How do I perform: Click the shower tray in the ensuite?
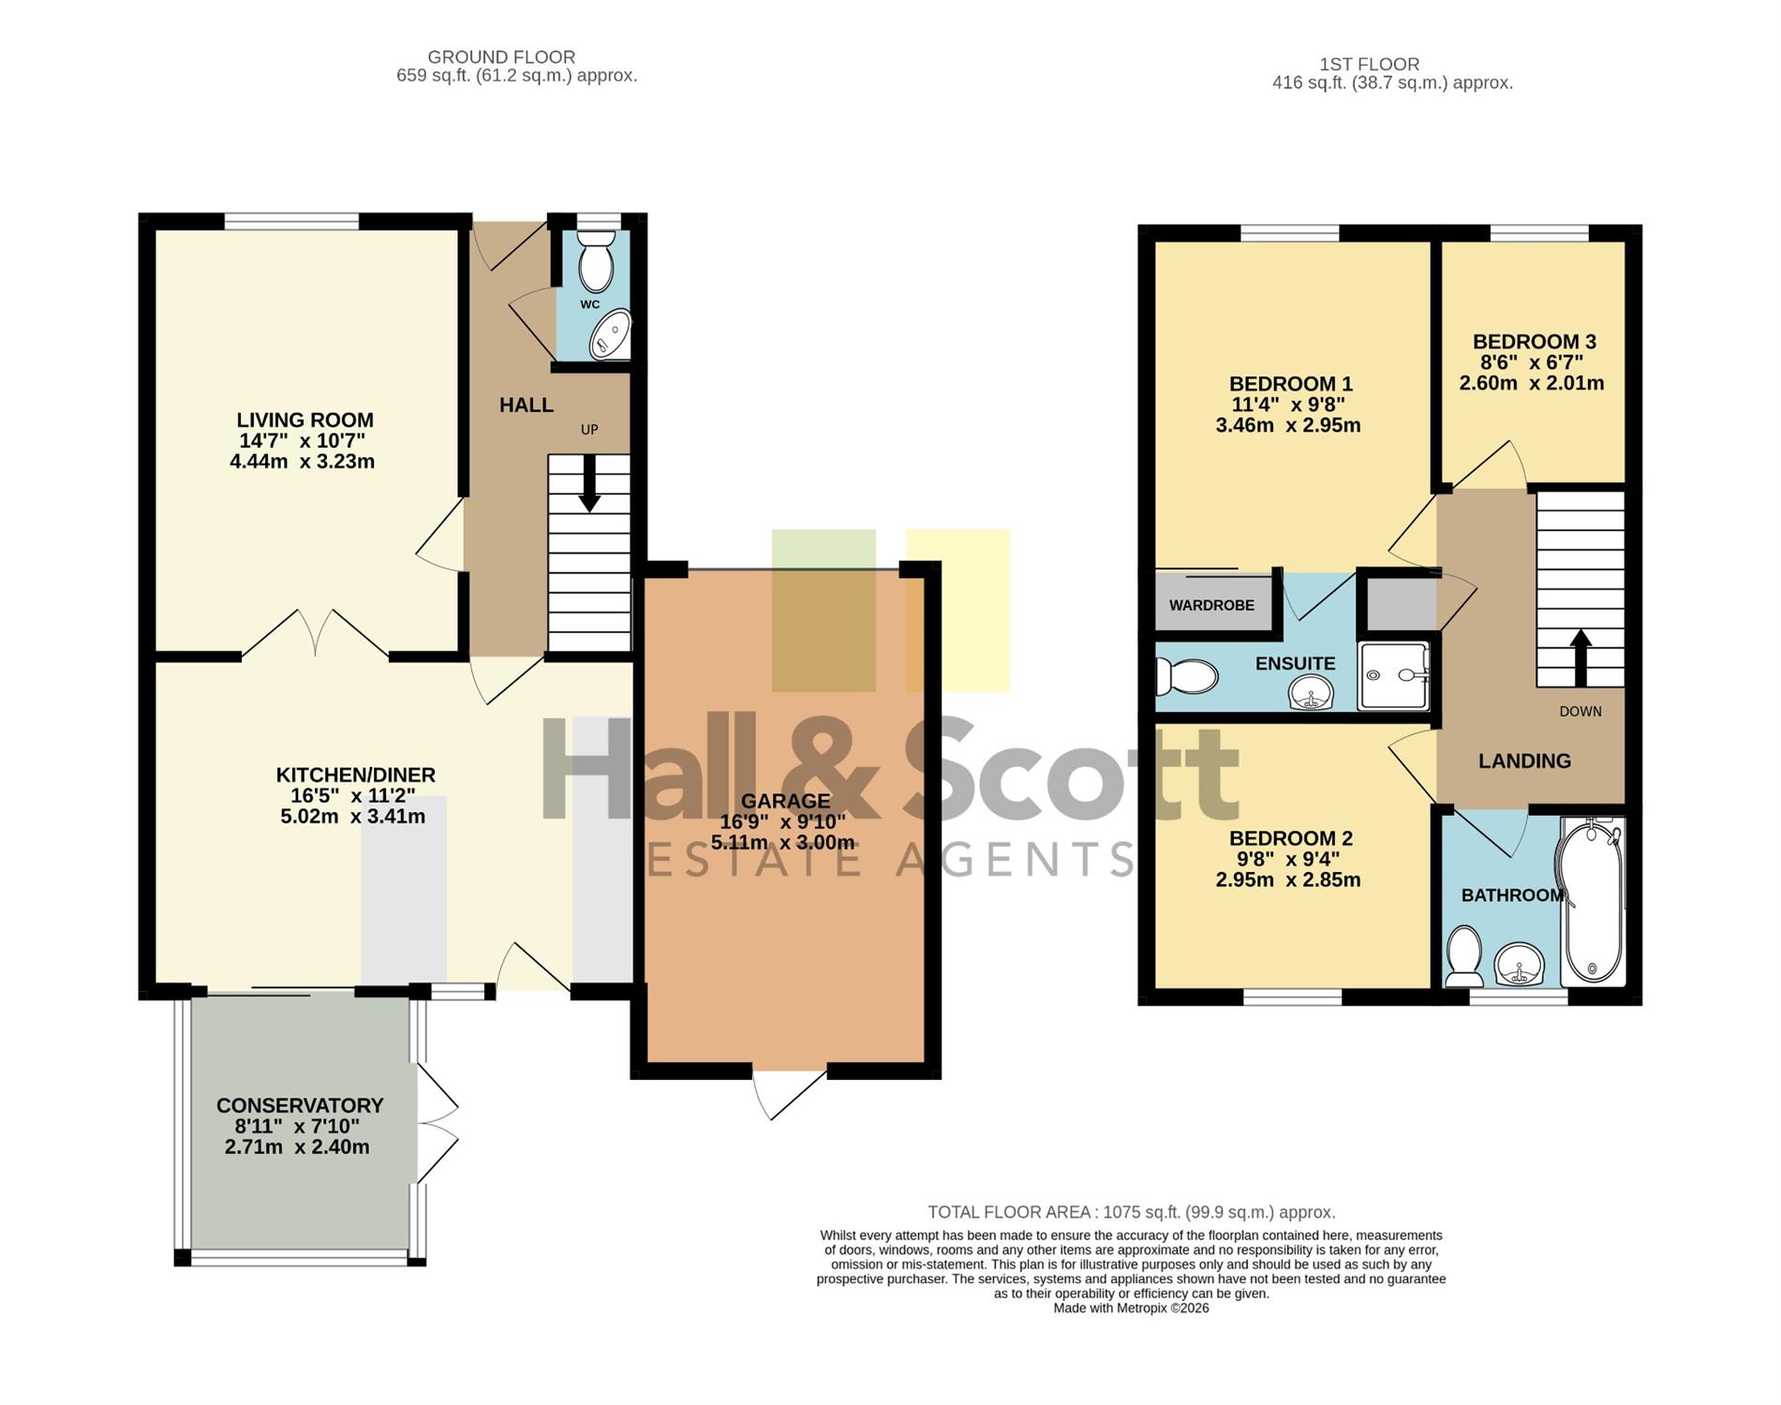[1394, 674]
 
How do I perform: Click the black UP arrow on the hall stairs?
[589, 483]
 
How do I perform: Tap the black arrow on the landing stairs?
[1581, 658]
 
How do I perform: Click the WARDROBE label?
[1211, 605]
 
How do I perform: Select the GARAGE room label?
[785, 801]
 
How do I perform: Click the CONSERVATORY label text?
[300, 1105]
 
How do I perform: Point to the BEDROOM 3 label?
[1534, 342]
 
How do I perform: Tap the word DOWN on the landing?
[1581, 712]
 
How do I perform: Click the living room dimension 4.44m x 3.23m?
[302, 462]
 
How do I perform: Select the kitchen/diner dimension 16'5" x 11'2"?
[352, 796]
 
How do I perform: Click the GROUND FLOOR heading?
[501, 57]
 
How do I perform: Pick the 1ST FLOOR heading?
[1369, 65]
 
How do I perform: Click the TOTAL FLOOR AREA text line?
[1132, 1212]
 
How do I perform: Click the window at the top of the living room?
[291, 221]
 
